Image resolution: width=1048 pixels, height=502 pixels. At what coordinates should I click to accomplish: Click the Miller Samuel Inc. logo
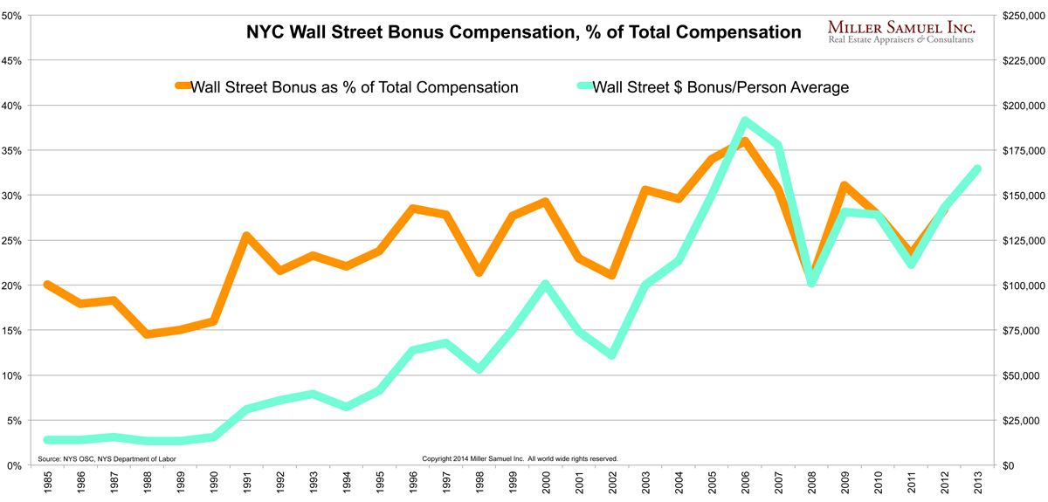[900, 33]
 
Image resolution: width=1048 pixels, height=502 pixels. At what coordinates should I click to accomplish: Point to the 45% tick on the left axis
[12, 60]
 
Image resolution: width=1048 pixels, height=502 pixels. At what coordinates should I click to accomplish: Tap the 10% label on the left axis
[12, 375]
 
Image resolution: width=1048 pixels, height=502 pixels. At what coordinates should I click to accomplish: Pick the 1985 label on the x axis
[48, 483]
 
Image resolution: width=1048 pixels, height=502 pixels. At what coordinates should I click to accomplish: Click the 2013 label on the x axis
[976, 483]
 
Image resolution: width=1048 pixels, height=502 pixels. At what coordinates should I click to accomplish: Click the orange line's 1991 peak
[247, 236]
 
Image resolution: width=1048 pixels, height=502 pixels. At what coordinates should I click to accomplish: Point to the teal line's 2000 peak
[545, 285]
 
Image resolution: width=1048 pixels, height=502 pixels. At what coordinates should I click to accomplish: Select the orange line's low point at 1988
[147, 334]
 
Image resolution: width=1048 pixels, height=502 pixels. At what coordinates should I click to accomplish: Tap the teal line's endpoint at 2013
[976, 169]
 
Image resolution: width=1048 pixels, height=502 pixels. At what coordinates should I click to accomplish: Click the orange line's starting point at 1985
[48, 285]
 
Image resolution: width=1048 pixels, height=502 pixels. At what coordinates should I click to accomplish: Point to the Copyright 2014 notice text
[520, 458]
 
